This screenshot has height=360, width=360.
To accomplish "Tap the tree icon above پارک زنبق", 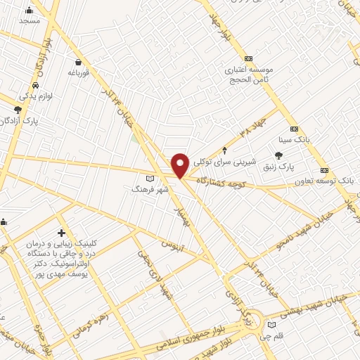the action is (279, 155).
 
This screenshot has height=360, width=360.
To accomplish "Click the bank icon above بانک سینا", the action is (294, 129).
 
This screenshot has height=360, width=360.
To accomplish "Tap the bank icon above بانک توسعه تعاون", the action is (324, 170).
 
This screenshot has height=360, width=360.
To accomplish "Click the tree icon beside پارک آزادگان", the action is (18, 110).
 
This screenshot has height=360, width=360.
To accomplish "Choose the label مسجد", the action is (29, 21).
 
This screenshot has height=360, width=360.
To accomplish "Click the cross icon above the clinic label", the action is (62, 233).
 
